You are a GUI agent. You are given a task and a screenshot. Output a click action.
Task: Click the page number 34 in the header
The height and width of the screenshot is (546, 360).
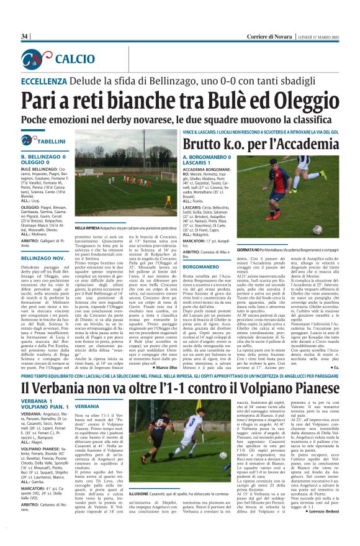(24, 36)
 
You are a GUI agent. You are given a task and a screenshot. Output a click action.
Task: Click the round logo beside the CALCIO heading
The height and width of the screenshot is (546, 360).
(38, 59)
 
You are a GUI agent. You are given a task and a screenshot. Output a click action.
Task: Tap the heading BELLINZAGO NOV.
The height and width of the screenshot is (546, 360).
(43, 257)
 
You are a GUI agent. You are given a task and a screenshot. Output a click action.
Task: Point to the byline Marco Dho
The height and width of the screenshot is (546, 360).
(163, 350)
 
